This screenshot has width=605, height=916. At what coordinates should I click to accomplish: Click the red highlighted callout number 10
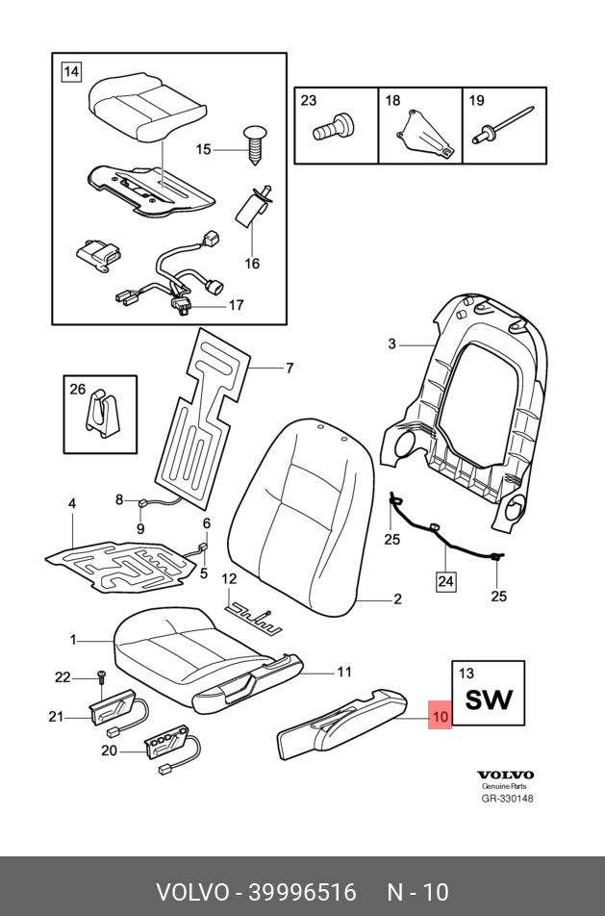[440, 716]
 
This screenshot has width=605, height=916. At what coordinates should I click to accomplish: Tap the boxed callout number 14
[71, 70]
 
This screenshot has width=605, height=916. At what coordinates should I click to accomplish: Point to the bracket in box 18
[419, 134]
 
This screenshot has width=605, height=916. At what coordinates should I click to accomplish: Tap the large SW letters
[489, 700]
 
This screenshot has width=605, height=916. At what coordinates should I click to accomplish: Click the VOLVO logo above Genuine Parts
[505, 775]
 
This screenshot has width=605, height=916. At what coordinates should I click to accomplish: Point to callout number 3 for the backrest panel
[392, 343]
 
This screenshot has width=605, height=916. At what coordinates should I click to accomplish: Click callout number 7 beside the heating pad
[288, 368]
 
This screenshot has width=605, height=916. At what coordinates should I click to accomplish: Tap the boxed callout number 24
[446, 580]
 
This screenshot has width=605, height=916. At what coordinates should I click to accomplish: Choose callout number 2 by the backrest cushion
[396, 599]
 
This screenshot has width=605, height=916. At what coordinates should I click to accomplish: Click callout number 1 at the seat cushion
[73, 639]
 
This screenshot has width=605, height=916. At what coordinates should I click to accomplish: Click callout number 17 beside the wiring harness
[236, 306]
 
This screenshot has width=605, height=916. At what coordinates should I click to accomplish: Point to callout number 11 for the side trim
[345, 672]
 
